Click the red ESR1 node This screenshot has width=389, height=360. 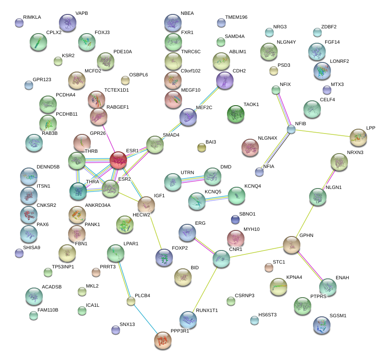pyautogui.click(x=118, y=160)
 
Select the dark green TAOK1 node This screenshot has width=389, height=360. pyautogui.click(x=236, y=114)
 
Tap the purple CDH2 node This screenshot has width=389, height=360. pyautogui.click(x=225, y=80)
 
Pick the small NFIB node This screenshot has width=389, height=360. pyautogui.click(x=291, y=129)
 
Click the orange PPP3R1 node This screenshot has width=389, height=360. pyautogui.click(x=163, y=340)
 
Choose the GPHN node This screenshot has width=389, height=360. pyautogui.click(x=292, y=245)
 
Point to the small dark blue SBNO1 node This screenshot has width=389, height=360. pyautogui.click(x=235, y=219)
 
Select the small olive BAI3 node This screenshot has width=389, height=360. pyautogui.click(x=202, y=148)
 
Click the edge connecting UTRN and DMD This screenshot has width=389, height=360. pyautogui.click(x=193, y=179)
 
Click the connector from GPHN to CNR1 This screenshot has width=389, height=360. pyautogui.click(x=257, y=252)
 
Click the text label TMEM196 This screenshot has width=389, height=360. pyautogui.click(x=236, y=17)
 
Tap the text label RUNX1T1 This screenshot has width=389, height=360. pyautogui.click(x=207, y=310)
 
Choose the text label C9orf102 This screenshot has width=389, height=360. pyautogui.click(x=190, y=71)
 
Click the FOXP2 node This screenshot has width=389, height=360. pyautogui.click(x=164, y=257)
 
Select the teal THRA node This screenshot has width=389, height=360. pyautogui.click(x=78, y=191)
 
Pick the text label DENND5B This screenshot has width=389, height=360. pyautogui.click(x=48, y=167)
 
